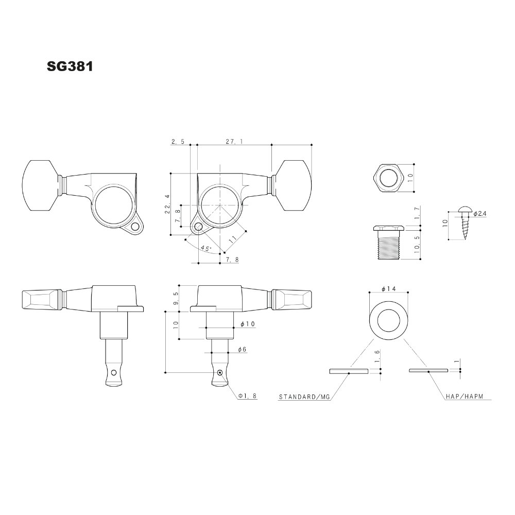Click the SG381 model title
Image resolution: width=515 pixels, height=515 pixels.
click(70, 66)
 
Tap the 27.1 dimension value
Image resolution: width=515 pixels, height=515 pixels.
click(234, 142)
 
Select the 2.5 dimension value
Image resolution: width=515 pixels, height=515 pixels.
click(178, 142)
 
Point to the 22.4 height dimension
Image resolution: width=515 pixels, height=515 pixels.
click(167, 203)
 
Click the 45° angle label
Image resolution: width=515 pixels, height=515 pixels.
click(206, 249)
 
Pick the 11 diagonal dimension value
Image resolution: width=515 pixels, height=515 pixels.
click(233, 239)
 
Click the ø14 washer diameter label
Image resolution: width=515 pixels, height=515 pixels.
click(389, 289)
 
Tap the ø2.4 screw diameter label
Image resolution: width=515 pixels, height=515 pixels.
click(479, 214)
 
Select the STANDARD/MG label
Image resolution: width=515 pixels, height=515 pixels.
click(304, 397)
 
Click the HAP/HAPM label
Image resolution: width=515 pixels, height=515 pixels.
click(465, 397)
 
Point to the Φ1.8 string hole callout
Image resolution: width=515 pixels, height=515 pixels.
click(248, 396)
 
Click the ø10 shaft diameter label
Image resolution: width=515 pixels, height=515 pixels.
click(248, 324)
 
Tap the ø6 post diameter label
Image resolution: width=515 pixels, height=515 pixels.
click(242, 350)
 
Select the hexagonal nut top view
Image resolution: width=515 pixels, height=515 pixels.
click(389, 178)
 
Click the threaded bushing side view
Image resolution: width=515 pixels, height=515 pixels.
click(389, 243)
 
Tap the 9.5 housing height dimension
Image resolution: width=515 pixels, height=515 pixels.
click(176, 299)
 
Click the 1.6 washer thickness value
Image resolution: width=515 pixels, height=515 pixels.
click(377, 355)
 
